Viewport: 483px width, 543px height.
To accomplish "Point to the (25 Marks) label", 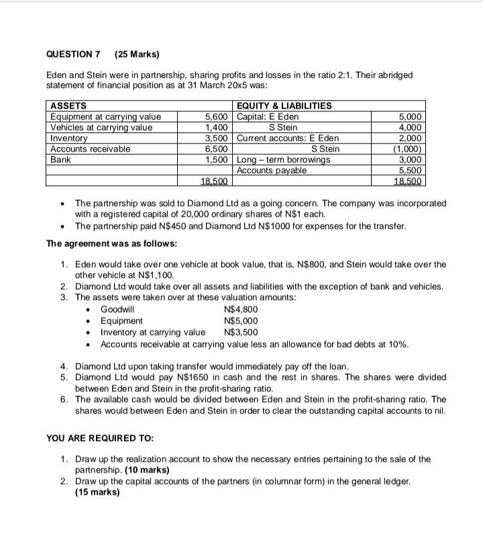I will coord(137,54).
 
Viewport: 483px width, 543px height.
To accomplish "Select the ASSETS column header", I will coord(68,106).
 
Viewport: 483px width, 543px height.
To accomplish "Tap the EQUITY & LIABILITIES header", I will coord(284,106).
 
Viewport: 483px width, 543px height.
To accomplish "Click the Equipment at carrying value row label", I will coord(106,117).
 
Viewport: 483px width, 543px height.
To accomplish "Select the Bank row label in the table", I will coord(62,160).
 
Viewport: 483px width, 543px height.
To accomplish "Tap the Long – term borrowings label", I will coord(284,160).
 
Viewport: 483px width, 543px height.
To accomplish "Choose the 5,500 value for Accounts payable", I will coord(413,170).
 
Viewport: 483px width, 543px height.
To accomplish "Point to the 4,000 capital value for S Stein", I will coord(413,128).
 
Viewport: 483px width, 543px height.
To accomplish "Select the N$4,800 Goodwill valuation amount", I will coord(239,309).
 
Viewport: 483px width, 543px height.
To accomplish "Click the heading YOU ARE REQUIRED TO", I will coord(100,438).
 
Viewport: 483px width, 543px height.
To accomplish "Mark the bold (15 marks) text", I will coord(97,491).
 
